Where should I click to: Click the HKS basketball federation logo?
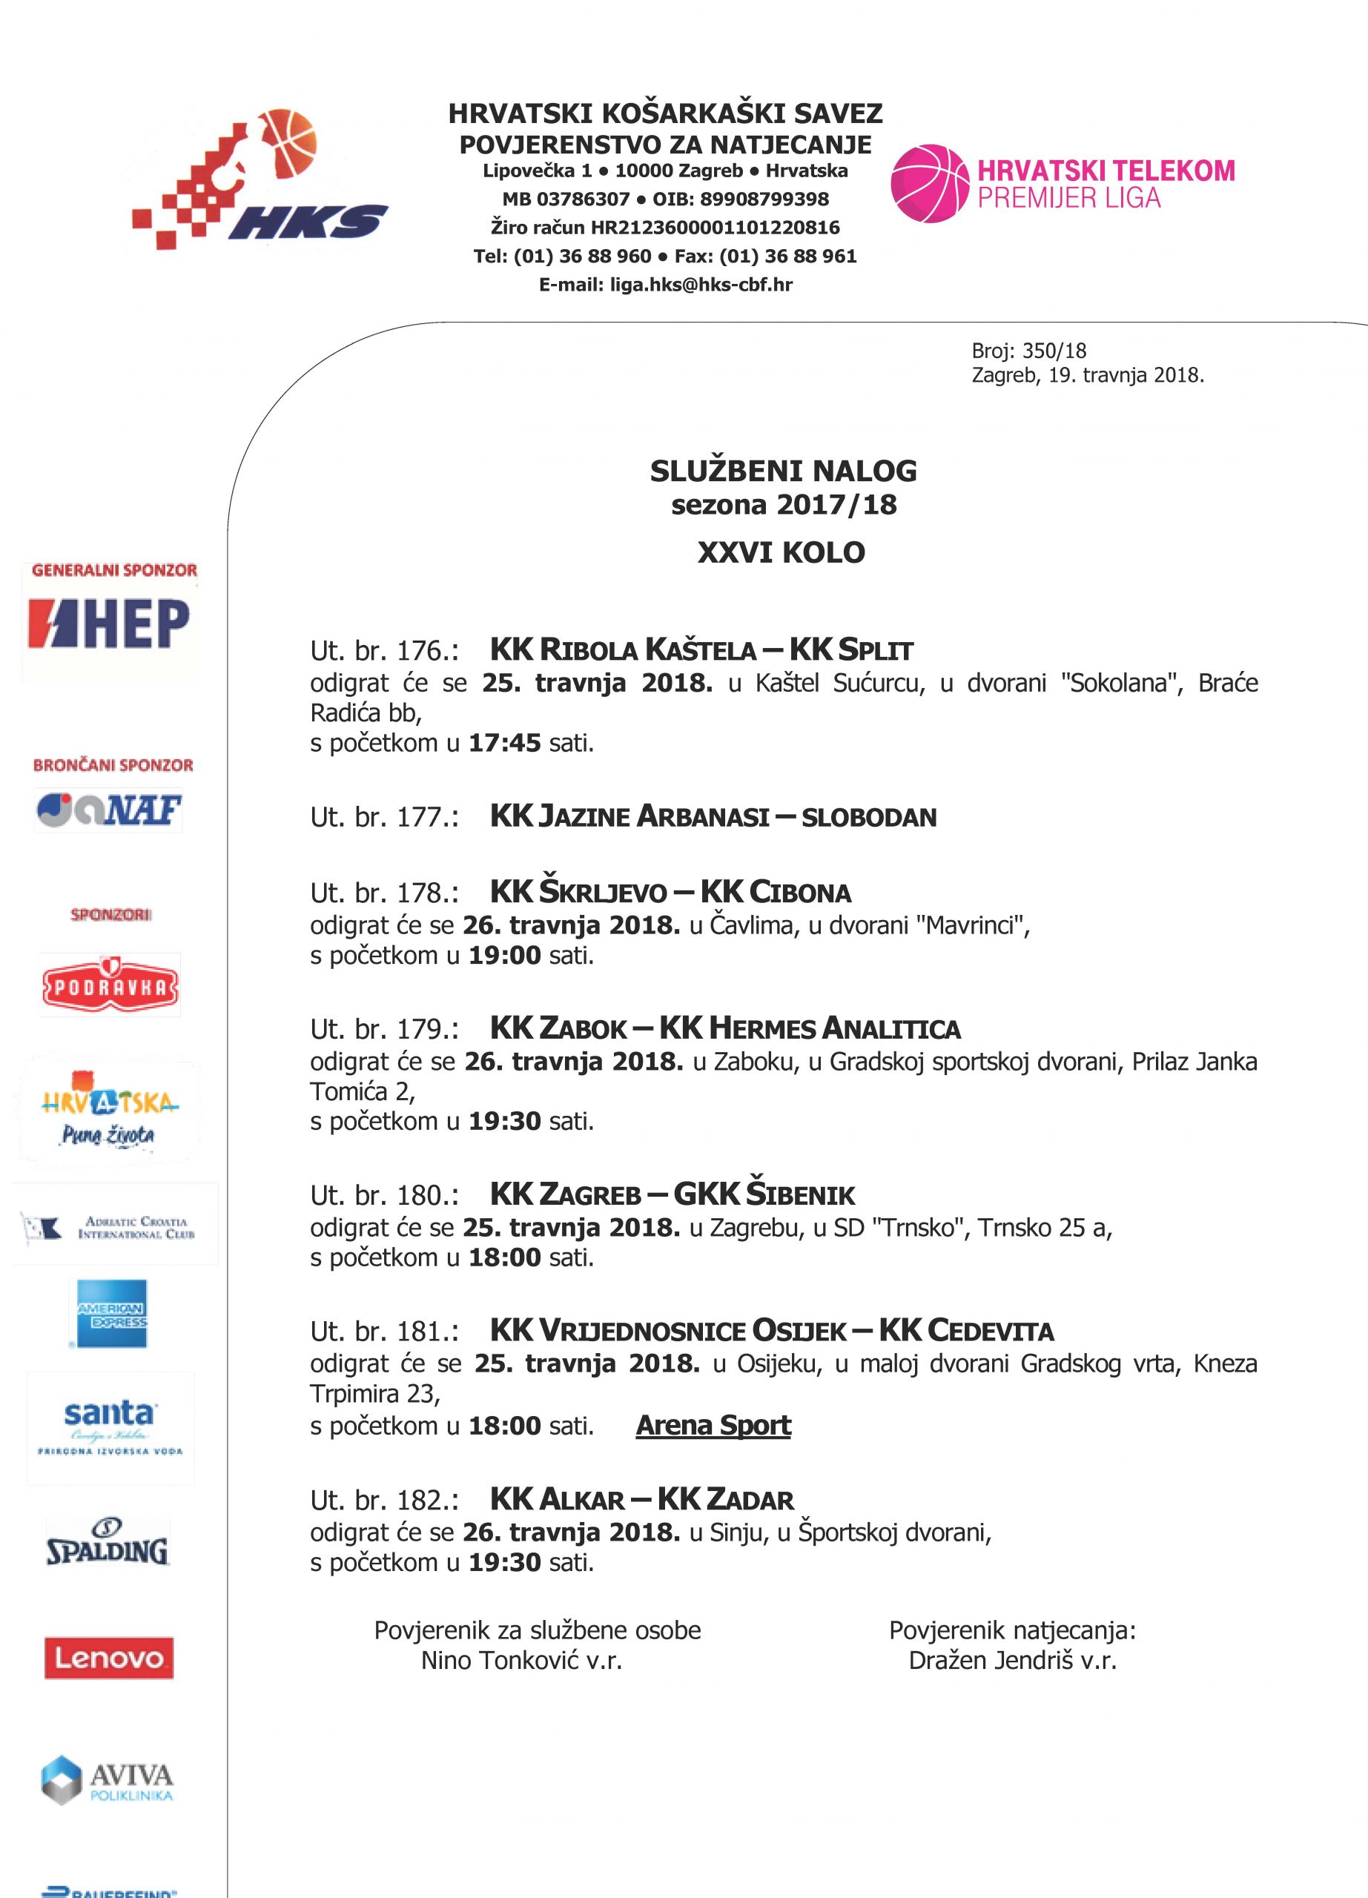click(260, 180)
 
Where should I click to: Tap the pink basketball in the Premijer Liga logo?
click(930, 184)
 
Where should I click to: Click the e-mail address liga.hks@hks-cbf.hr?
click(701, 285)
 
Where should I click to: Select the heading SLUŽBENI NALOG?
click(783, 471)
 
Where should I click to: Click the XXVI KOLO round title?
click(782, 552)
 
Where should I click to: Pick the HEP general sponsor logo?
click(109, 624)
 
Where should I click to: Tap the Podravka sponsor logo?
click(110, 987)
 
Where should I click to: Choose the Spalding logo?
click(107, 1542)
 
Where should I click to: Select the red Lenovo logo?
click(109, 1658)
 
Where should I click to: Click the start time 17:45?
click(504, 742)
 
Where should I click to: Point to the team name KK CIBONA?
click(776, 892)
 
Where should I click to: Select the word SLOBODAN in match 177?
click(868, 817)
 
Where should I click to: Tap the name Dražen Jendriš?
click(990, 1660)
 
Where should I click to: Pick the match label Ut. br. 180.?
click(384, 1195)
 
